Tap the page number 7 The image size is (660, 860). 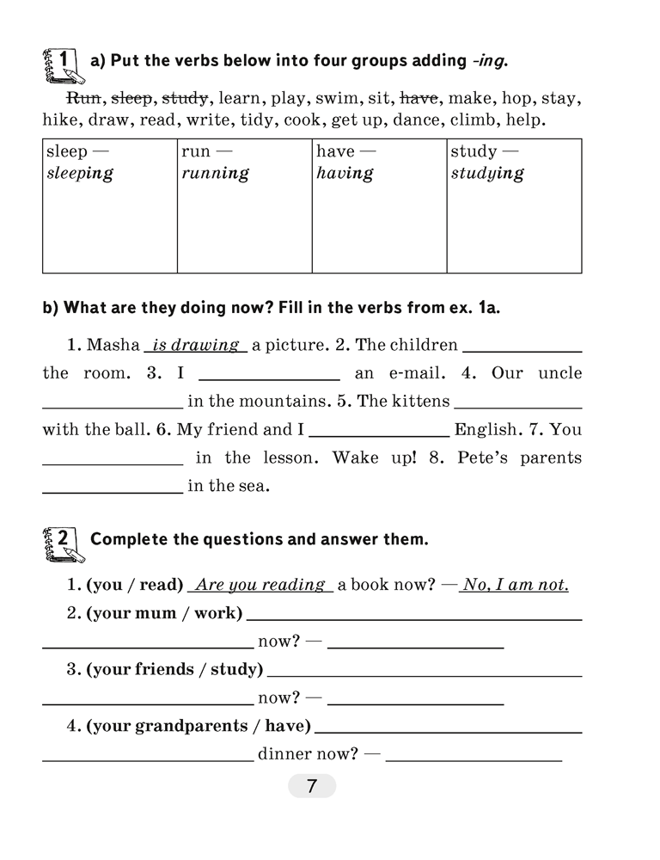(x=311, y=786)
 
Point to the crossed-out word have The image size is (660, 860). (x=419, y=98)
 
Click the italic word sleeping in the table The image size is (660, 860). (x=80, y=173)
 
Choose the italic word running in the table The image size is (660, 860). (x=215, y=173)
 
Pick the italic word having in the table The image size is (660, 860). (x=345, y=173)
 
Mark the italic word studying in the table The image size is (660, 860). (x=486, y=173)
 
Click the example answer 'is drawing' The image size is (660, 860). (x=195, y=345)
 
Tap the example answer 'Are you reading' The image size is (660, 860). (x=260, y=585)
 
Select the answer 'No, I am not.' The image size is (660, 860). (x=515, y=585)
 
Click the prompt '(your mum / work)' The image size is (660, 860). (x=164, y=613)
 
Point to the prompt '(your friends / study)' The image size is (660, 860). (x=174, y=669)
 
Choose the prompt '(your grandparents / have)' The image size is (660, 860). (x=198, y=726)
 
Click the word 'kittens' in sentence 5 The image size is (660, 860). (x=421, y=402)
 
